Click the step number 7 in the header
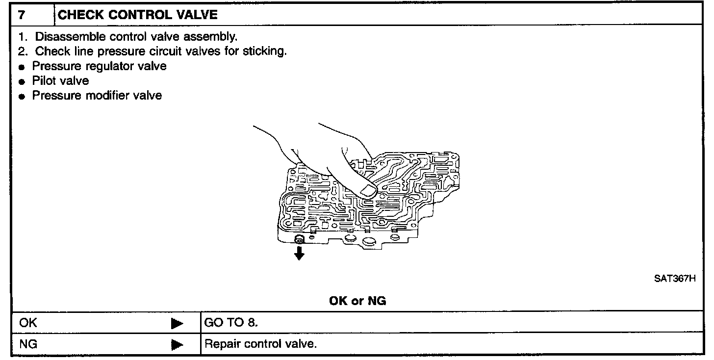coord(21,15)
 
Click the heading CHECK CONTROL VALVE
coord(138,15)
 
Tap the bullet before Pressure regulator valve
coord(22,67)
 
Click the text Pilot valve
coord(61,81)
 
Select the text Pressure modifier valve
coord(97,95)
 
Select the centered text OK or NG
coord(357,301)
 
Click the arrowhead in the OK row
coord(177,324)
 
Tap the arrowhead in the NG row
coord(177,344)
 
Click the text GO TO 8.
coord(230,323)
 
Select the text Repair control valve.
coord(260,344)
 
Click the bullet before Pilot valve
coord(22,81)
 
